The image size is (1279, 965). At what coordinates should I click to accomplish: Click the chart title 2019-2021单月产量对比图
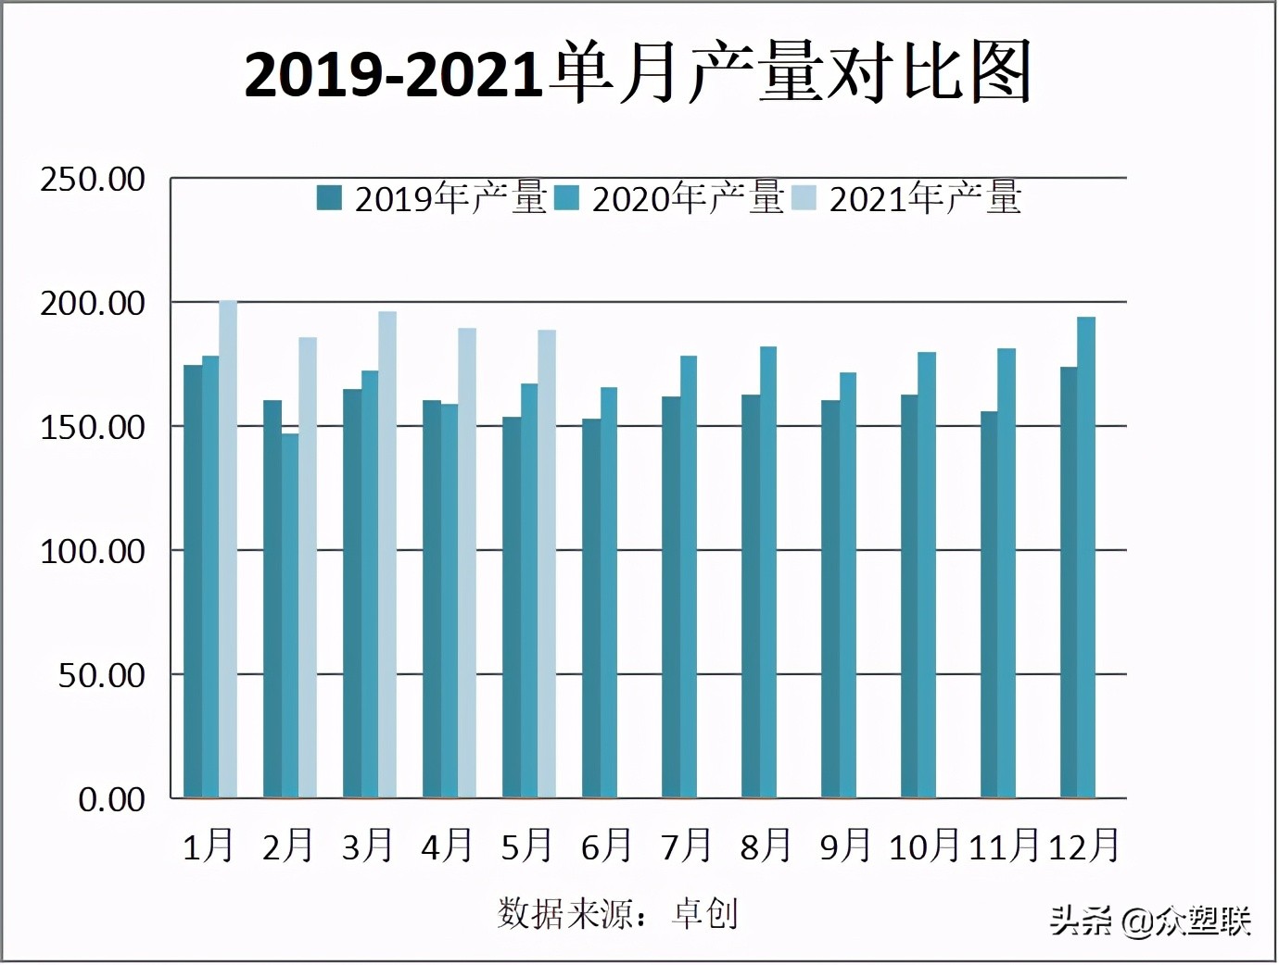pos(638,74)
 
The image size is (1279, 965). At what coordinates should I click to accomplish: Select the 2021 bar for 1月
pos(228,548)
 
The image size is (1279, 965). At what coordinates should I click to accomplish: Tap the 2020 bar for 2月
pos(290,616)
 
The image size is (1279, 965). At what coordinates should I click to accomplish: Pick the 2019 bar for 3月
pos(352,593)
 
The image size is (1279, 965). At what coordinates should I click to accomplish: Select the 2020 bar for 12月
pos(1086,557)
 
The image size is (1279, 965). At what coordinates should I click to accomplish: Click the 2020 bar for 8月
pos(768,571)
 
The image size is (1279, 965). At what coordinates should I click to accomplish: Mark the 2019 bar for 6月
pos(591,608)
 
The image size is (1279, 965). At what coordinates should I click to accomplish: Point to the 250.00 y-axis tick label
pos(93,180)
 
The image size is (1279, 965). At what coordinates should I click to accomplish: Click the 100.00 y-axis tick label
pos(93,552)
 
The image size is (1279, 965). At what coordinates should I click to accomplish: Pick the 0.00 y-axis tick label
pos(111,800)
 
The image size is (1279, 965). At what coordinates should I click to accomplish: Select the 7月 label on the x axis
pos(686,846)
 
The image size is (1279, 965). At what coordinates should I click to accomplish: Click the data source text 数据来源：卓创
pos(618,914)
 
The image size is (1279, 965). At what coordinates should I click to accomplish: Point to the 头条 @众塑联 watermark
pos(1150,921)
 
